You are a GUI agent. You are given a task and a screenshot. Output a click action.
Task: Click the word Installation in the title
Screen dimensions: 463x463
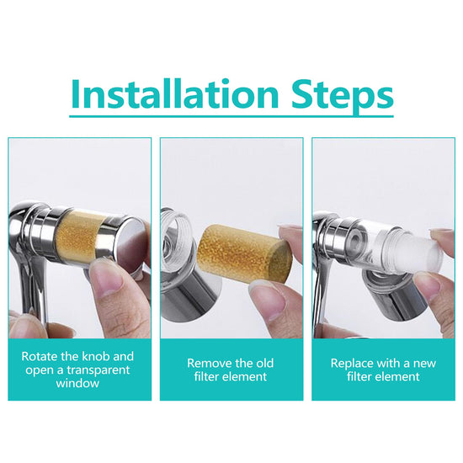175,93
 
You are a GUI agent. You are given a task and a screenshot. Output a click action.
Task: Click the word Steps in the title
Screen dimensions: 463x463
343,96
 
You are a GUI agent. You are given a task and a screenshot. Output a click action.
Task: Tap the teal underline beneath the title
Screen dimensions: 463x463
231,116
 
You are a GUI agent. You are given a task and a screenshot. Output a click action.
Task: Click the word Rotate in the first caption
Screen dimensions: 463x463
40,356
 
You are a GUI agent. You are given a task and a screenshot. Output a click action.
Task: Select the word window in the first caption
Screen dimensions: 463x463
77,383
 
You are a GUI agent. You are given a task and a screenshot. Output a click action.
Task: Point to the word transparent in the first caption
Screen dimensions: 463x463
98,370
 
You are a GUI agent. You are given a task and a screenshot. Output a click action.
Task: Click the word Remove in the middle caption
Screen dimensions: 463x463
205,363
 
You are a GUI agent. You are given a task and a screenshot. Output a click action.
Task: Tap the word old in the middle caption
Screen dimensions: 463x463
264,363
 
